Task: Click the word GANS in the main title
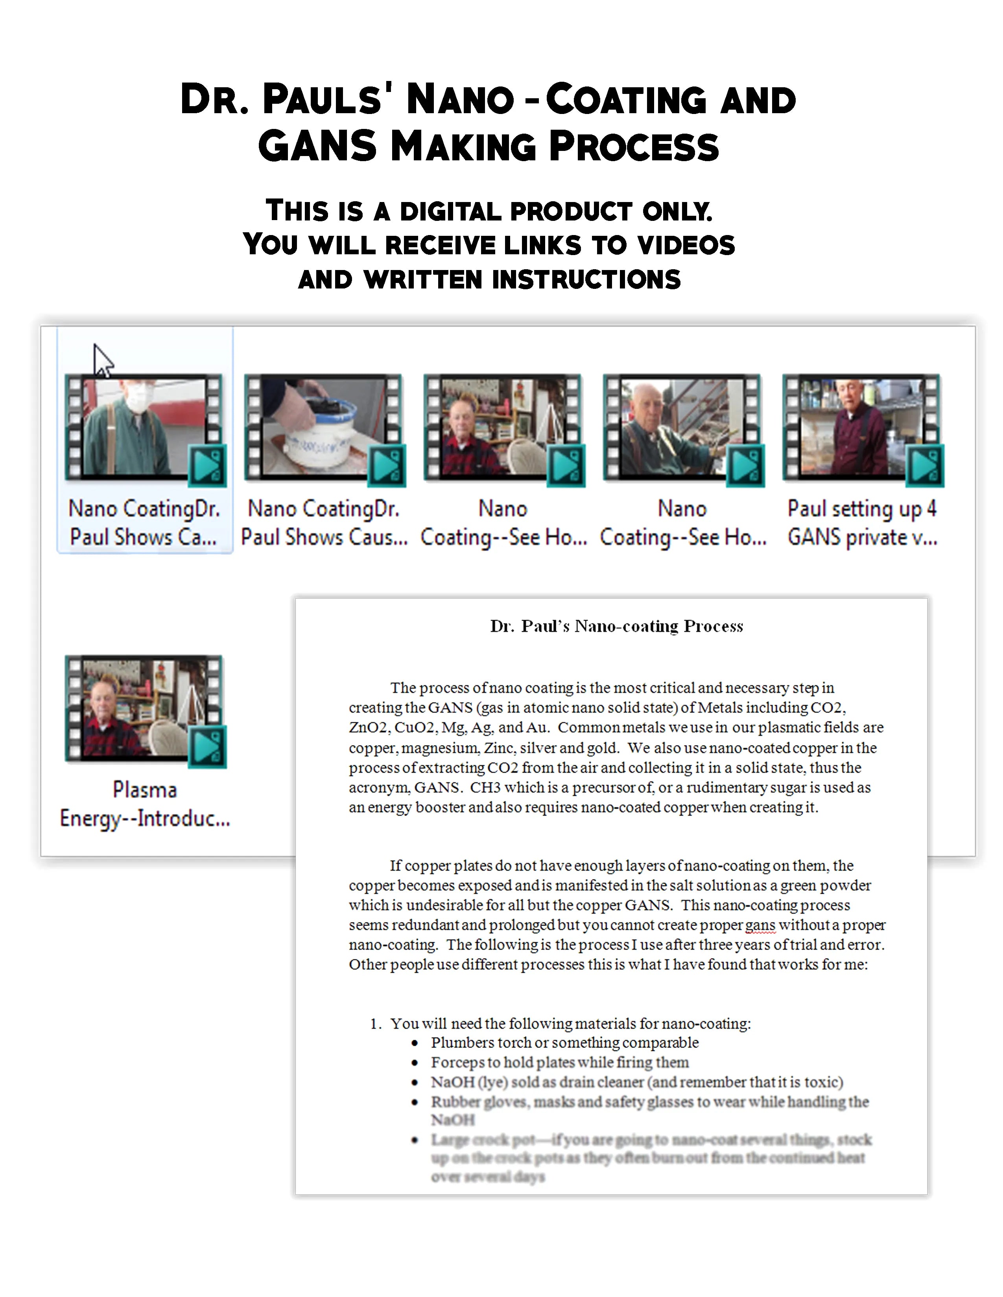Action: tap(318, 146)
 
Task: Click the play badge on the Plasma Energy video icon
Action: tap(207, 746)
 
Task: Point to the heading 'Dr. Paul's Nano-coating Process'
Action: tap(616, 626)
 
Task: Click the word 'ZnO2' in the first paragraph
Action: tap(367, 727)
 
